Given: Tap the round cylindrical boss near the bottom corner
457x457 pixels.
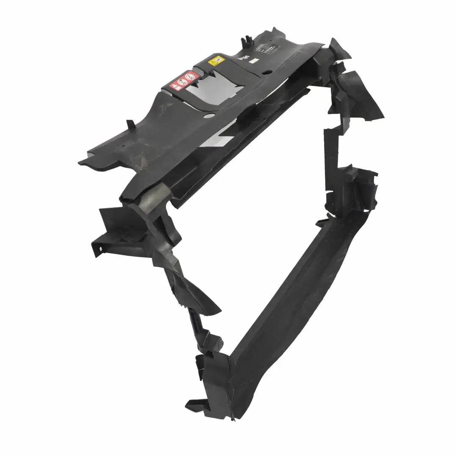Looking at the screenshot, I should point(218,341).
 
